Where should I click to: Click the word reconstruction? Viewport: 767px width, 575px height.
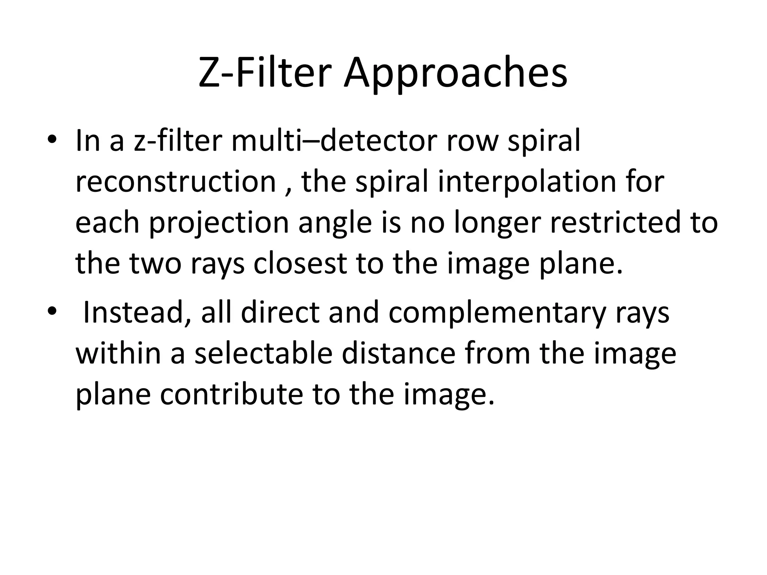pyautogui.click(x=176, y=182)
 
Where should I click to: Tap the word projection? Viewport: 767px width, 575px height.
pyautogui.click(x=219, y=223)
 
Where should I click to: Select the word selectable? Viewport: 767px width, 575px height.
pyautogui.click(x=263, y=353)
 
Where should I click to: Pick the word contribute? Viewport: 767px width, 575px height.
pyautogui.click(x=231, y=394)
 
